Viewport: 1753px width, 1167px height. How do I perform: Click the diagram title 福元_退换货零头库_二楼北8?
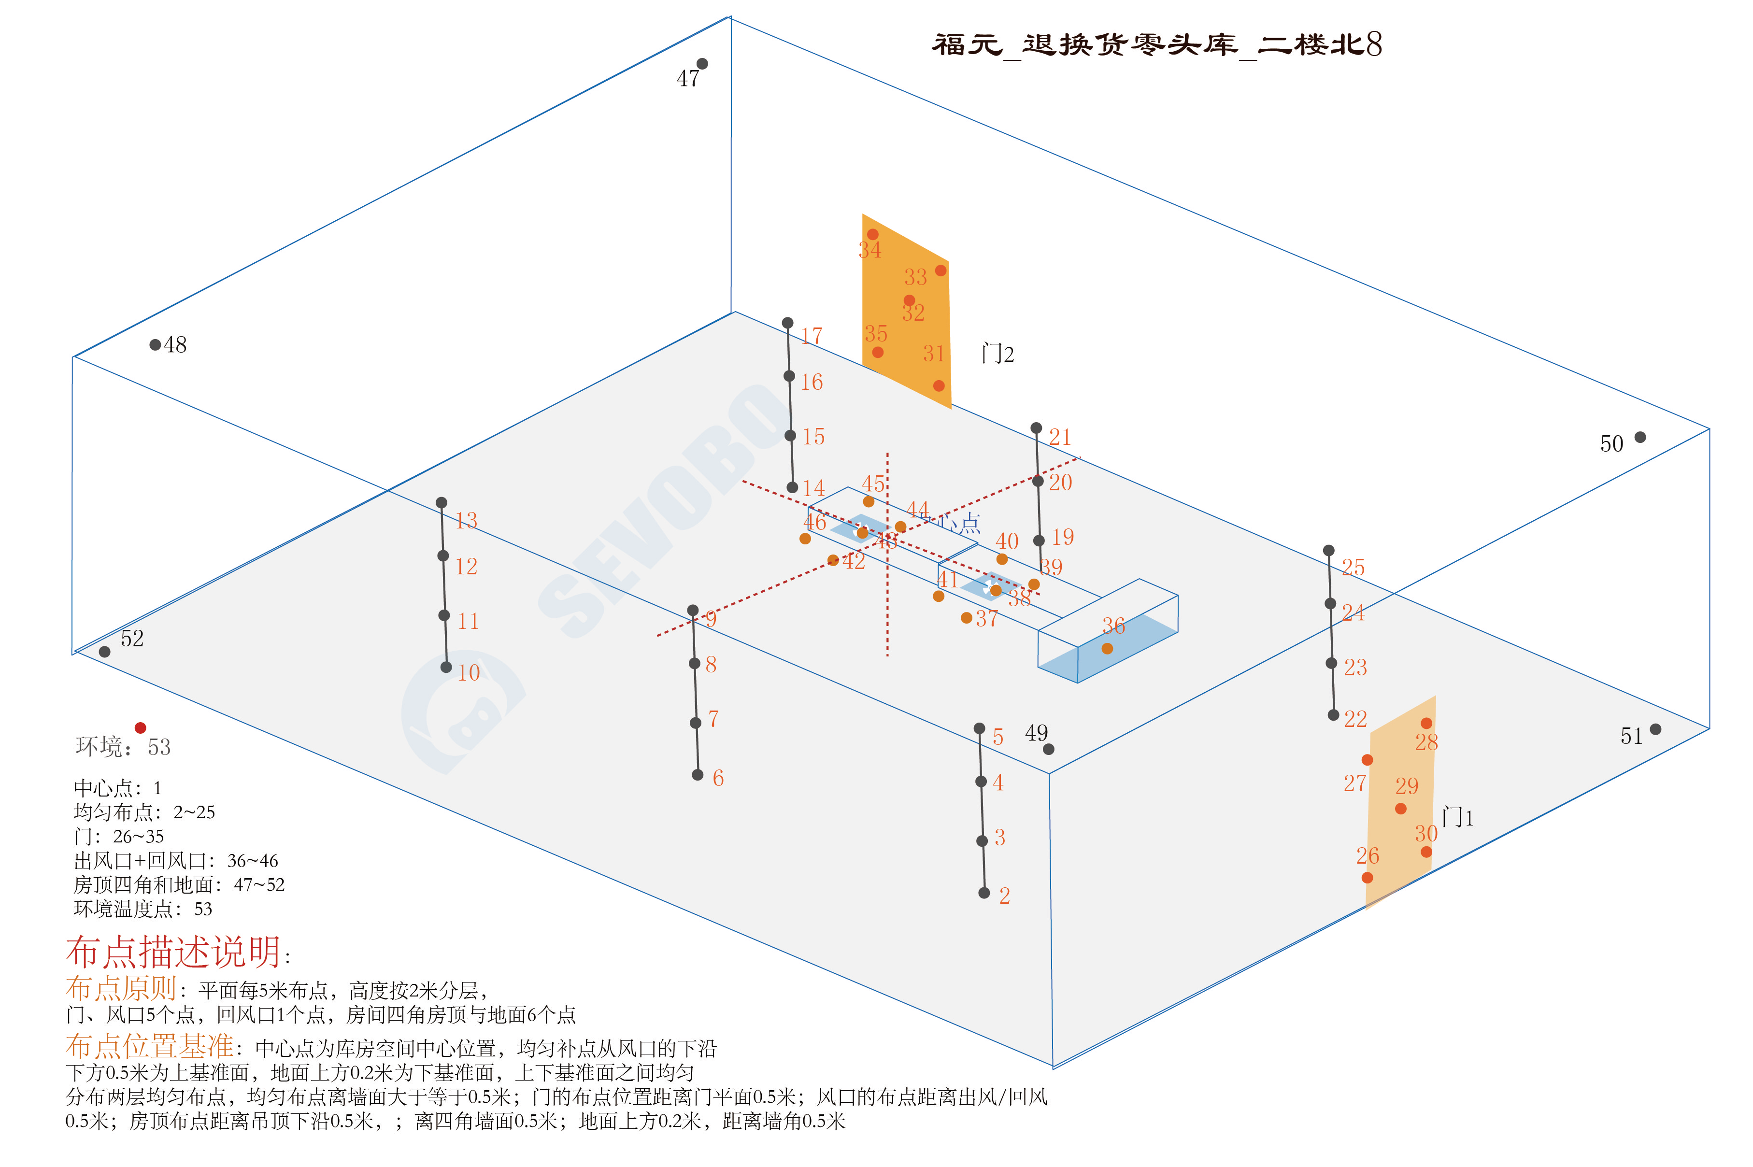tap(1156, 44)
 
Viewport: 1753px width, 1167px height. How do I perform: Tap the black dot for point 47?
tap(702, 64)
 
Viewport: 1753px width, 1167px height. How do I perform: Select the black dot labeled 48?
tap(155, 344)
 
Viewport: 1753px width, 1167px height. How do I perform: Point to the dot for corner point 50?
tap(1640, 437)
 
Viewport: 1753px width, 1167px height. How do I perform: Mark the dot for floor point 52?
tap(105, 652)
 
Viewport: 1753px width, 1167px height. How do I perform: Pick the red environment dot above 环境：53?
tap(140, 728)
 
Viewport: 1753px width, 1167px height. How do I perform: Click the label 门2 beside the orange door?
tap(998, 354)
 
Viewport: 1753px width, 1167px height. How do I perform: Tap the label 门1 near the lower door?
tap(1457, 817)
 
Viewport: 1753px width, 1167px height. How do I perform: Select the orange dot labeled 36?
tap(1107, 648)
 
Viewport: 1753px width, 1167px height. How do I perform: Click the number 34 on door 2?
tap(869, 251)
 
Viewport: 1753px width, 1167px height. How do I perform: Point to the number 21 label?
tap(1060, 437)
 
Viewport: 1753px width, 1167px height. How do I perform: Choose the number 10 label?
tap(468, 673)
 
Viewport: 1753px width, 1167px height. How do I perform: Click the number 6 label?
tap(718, 779)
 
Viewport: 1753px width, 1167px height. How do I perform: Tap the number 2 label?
tap(1004, 896)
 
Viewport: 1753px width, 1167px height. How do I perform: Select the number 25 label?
tap(1353, 568)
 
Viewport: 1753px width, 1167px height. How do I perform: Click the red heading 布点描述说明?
tap(173, 952)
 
